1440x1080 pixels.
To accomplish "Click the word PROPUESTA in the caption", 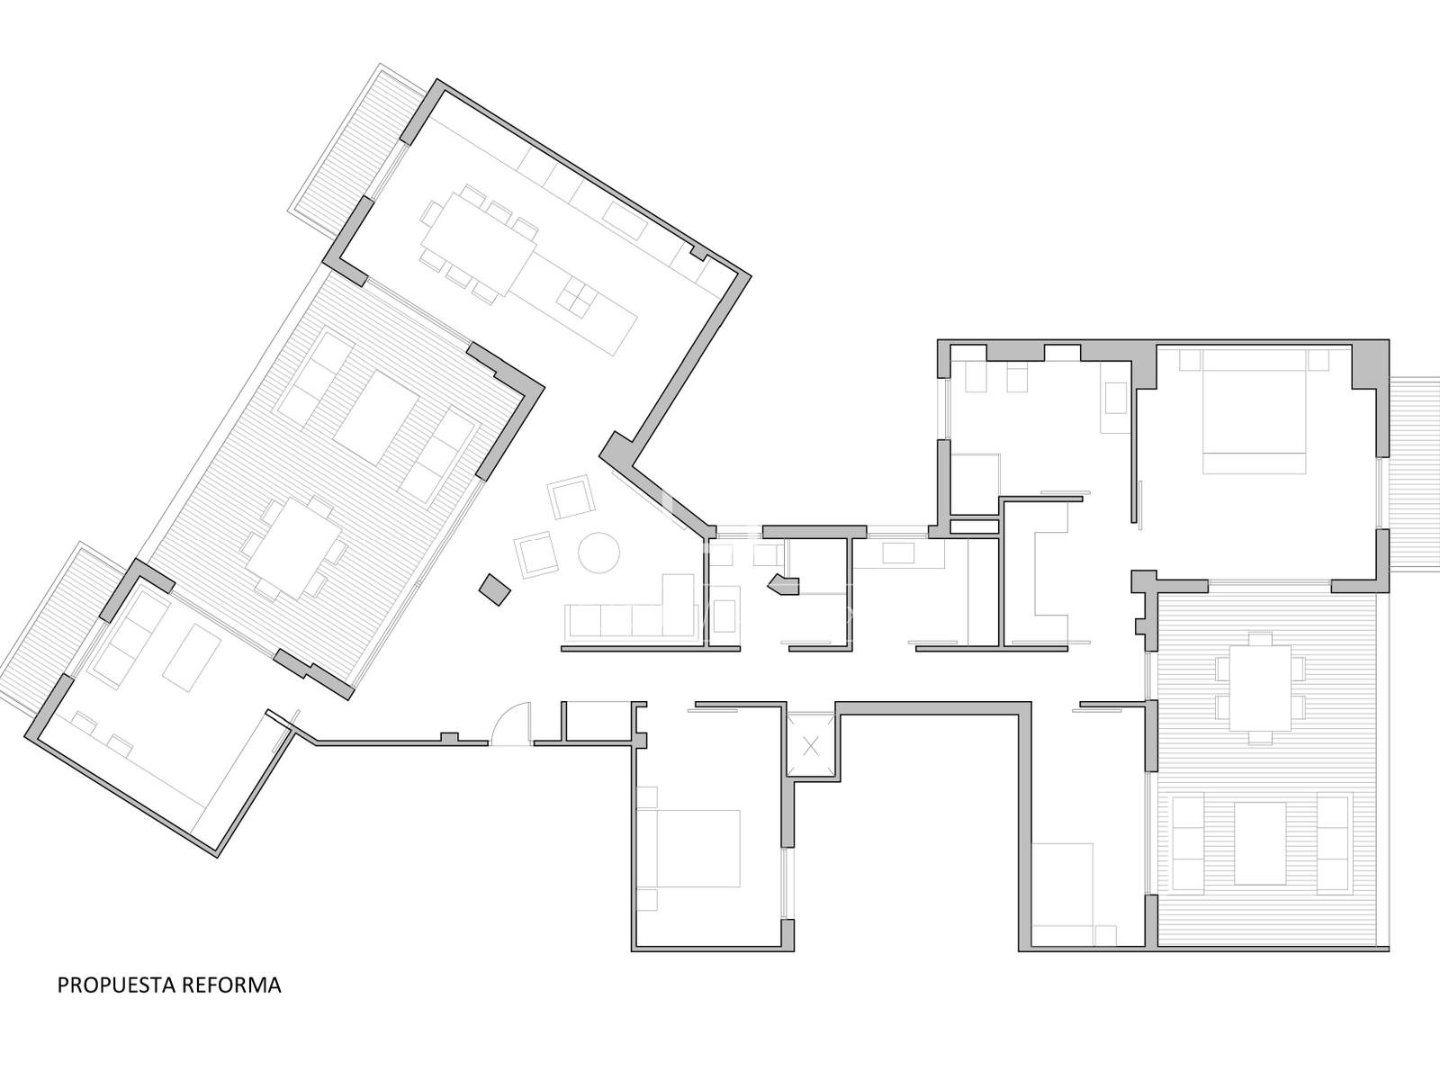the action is pos(117,985).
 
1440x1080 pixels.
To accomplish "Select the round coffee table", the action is pos(598,552).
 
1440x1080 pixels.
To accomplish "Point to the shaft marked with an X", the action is pos(812,745).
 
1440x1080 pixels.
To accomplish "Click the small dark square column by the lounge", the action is pos(495,589).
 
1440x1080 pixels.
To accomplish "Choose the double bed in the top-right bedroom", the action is pos(1254,412).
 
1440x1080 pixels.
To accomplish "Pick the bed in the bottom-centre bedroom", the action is pos(688,849).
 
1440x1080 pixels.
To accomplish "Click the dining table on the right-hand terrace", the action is pos(1260,688).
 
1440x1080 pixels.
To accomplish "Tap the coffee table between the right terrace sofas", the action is pos(1260,842).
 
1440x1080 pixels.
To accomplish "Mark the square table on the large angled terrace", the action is pos(294,548).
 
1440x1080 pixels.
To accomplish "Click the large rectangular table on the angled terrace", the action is pos(376,418).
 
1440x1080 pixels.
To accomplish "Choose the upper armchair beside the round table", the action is pos(571,497).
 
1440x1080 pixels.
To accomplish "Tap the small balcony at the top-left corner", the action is pos(354,150).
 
